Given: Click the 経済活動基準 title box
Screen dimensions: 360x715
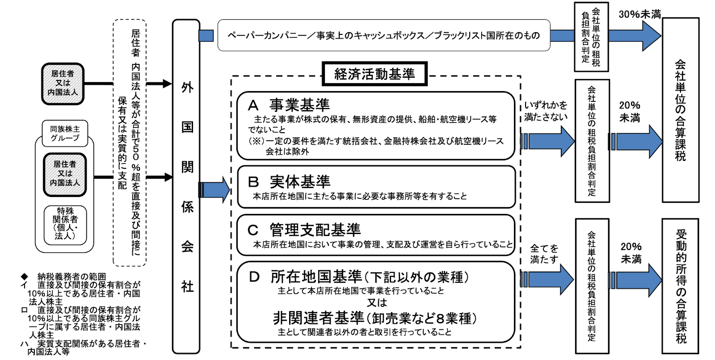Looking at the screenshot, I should click(374, 74).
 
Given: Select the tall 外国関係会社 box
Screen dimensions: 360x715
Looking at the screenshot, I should click(186, 187).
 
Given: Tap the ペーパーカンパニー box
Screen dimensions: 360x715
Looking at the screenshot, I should click(383, 35).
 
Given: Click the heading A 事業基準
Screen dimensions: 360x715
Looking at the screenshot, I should click(289, 105).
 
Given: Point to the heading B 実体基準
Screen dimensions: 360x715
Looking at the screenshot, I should click(289, 182).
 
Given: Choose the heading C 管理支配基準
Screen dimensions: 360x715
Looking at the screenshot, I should click(304, 230).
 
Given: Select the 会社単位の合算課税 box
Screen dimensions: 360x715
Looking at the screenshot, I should click(680, 110).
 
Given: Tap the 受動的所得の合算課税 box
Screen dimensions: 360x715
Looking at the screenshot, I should click(680, 286).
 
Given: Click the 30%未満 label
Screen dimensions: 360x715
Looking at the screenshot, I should click(639, 14).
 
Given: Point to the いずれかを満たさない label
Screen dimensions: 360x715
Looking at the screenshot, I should click(546, 111).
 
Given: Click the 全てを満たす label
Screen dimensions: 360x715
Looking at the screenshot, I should click(544, 254).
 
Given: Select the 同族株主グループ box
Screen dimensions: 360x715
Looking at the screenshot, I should click(65, 134).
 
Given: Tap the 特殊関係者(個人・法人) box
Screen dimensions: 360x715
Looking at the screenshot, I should click(65, 223).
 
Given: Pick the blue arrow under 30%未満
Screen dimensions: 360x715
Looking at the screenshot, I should click(635, 36).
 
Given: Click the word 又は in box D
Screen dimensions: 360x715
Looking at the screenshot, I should click(376, 302).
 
